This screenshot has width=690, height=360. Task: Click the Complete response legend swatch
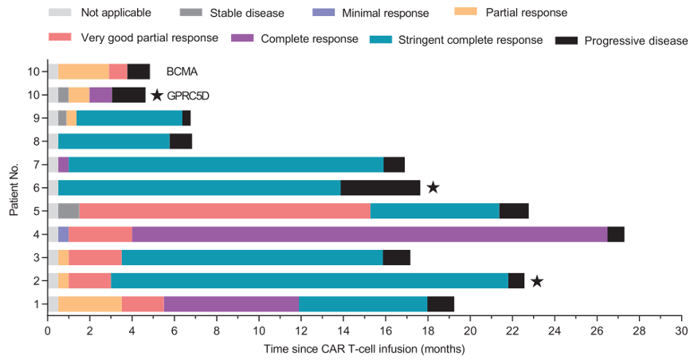pos(243,37)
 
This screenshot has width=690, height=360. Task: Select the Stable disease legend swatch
pos(198,14)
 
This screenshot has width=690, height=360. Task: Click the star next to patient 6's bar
pos(433,188)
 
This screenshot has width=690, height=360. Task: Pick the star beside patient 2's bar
pos(537,280)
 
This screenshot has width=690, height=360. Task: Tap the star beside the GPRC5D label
pos(157,96)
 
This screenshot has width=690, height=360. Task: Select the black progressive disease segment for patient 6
pos(380,188)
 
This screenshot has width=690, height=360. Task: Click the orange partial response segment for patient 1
pos(90,303)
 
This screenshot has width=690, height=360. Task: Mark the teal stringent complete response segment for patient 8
pos(114,142)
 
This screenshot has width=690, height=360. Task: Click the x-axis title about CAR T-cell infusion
pos(364,348)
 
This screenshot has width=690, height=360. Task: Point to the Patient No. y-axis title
pos(14,187)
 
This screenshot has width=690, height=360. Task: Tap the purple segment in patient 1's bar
pos(231,303)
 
